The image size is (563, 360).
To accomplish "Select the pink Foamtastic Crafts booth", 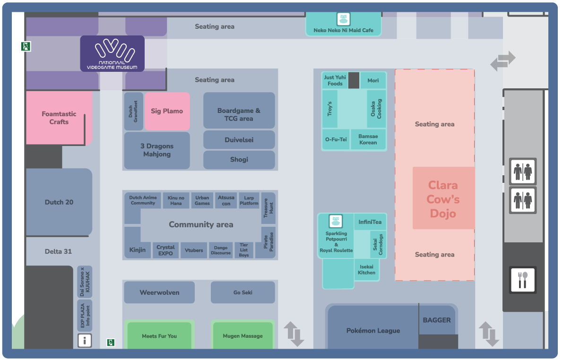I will pos(59,118).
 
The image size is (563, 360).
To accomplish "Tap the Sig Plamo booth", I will pos(167,111).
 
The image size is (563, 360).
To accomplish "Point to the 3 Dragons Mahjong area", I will pos(156,150).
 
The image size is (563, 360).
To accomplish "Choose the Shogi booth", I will pos(239,160).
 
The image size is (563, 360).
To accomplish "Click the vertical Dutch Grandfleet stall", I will pos(134,111).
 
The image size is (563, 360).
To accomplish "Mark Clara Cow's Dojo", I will pos(443,198).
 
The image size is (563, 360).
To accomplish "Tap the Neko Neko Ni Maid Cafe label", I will pos(343,30).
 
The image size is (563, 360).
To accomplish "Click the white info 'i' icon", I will pos(85,340).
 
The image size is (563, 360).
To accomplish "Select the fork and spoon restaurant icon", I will pos(522,280).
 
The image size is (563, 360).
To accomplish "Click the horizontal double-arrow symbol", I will pos(502,61).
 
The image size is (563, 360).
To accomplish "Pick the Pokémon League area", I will pos(373,330).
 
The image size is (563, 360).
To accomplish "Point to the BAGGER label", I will pos(436,320).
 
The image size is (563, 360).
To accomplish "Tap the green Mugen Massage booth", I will pos(243,336).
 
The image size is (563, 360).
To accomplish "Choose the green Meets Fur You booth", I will pos(159,336).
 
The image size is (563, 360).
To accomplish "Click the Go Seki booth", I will pos(243,292).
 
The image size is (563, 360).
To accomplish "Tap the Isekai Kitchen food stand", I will pos(366,270).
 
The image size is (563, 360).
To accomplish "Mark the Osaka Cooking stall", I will pos(376,109).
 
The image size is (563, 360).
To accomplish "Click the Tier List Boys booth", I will pos(243,250).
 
